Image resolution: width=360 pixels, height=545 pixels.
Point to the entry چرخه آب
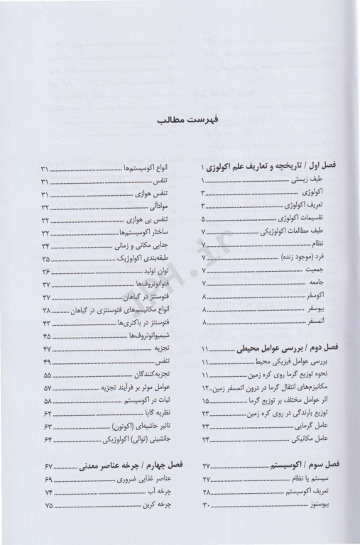click(x=153, y=492)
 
